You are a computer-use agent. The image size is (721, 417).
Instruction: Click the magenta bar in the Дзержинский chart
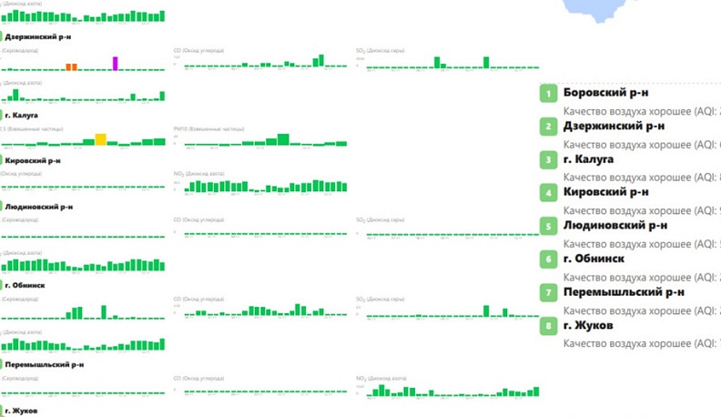coord(116,63)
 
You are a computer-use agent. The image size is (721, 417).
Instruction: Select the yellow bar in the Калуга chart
coord(101,139)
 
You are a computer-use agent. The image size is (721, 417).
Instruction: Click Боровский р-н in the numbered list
coord(605,93)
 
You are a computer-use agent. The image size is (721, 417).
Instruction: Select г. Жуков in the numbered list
coord(588,325)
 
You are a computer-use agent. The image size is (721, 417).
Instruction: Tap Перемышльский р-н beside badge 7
coord(624,292)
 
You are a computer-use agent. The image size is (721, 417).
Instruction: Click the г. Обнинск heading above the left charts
coord(25,285)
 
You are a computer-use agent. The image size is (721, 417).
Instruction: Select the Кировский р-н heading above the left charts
coord(33,160)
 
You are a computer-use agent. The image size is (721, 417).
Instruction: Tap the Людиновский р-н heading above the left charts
coord(38,207)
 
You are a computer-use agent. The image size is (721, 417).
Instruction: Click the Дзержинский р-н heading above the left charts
coord(38,37)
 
